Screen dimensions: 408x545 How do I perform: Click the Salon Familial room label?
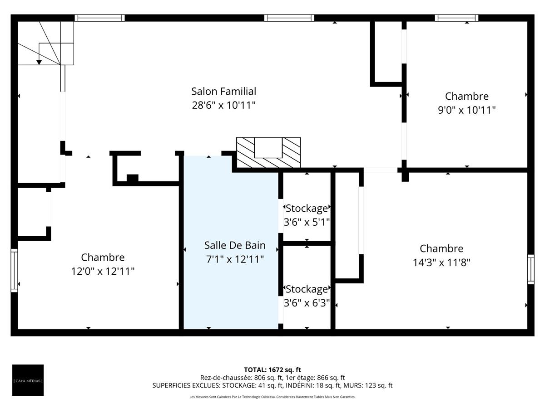coord(223,91)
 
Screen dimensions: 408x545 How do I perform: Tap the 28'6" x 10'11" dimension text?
coord(223,105)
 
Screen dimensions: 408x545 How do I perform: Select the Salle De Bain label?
coord(234,245)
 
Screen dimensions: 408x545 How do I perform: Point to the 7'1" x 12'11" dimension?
coord(234,259)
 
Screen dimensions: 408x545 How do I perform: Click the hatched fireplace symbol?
coord(268,152)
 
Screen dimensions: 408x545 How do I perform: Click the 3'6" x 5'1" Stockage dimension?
coord(307,223)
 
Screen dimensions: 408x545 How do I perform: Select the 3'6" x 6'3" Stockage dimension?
coord(307,303)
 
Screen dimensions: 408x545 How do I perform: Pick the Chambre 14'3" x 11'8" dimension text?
coord(441,262)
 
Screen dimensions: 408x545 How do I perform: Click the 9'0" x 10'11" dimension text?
coord(466,110)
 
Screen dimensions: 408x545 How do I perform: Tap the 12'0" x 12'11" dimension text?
coord(103,271)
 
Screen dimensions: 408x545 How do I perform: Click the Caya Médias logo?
coord(28,380)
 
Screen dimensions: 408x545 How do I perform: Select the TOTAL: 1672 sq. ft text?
coord(272,370)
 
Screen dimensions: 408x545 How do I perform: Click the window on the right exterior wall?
coord(530,269)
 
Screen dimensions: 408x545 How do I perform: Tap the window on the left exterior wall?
coord(14,270)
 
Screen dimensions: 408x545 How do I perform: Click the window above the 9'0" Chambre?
coord(456,18)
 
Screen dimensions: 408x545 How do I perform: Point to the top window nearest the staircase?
coord(99,18)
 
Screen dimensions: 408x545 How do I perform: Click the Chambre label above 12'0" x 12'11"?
coord(103,257)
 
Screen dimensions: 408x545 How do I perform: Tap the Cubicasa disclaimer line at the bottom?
coord(272,397)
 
